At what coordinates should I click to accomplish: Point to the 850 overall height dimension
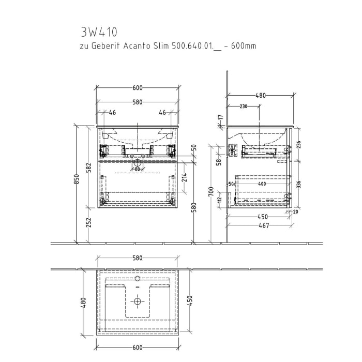coord(77,179)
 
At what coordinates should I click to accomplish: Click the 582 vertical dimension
coord(89,168)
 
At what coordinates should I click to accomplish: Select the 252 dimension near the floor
coord(89,222)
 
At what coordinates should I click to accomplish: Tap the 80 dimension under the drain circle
coord(137,169)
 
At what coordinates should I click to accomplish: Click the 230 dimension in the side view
coord(243,107)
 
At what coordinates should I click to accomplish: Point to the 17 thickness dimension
coord(219,119)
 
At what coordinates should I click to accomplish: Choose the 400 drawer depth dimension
coord(262,184)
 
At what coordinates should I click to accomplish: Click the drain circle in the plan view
coord(138,300)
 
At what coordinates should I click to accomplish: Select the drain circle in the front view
coord(138,162)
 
